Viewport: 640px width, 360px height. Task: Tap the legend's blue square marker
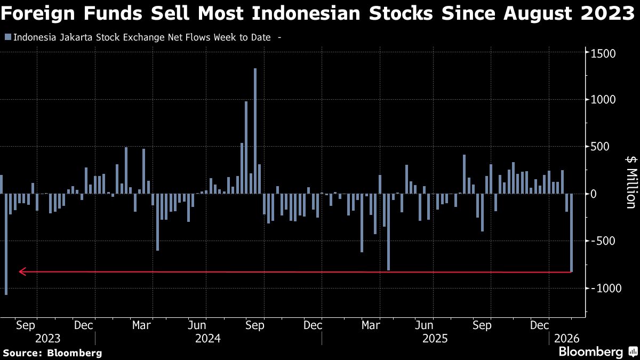pyautogui.click(x=7, y=37)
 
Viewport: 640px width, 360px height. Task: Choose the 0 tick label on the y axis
pyautogui.click(x=592, y=194)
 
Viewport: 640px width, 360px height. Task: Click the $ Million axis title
pyautogui.click(x=630, y=181)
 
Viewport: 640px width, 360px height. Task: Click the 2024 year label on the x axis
pyautogui.click(x=209, y=338)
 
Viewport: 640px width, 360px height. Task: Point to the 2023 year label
pyautogui.click(x=47, y=338)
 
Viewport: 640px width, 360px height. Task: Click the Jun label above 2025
pyautogui.click(x=424, y=325)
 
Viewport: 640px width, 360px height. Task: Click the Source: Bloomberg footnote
pyautogui.click(x=52, y=353)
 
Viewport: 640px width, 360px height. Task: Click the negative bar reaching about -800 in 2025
pyautogui.click(x=388, y=232)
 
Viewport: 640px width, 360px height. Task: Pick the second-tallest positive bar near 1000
pyautogui.click(x=246, y=147)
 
